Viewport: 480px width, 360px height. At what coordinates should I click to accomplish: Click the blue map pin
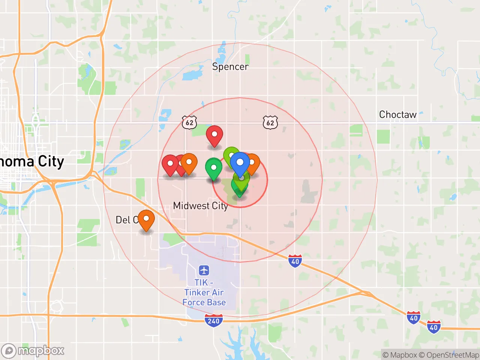point(240,163)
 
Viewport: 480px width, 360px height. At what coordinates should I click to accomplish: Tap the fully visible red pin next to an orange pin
point(169,164)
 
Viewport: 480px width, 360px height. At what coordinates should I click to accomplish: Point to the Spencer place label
point(230,67)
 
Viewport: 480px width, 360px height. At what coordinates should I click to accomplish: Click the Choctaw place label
point(397,114)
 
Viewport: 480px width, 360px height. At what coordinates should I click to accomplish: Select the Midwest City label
point(200,206)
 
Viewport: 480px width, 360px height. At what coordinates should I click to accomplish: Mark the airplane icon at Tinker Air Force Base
point(204,270)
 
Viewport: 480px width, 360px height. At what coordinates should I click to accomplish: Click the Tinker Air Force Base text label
point(204,292)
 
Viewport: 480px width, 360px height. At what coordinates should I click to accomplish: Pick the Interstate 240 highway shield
point(214,321)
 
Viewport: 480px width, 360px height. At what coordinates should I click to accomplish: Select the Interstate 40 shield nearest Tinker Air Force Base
point(295,261)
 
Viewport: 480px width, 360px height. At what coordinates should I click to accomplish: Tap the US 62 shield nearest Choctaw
point(270,123)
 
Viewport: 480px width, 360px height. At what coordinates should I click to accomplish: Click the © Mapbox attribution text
point(399,355)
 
